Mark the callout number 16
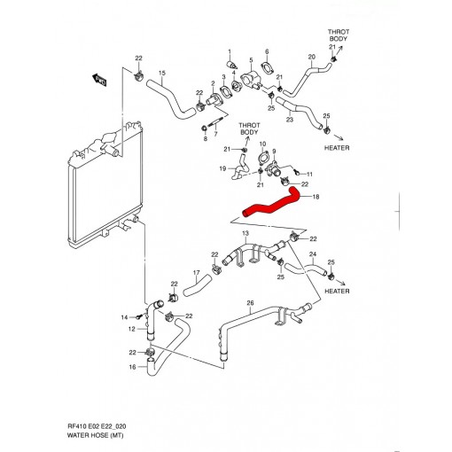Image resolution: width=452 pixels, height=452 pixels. (131, 367)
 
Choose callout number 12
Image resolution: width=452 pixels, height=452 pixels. (131, 329)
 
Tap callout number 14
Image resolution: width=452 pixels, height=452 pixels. (124, 316)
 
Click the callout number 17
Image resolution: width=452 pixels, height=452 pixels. (196, 272)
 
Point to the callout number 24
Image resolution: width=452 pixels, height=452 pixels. (312, 254)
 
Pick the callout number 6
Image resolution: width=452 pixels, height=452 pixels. (266, 52)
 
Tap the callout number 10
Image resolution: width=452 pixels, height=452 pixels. (262, 144)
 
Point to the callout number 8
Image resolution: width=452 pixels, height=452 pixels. (205, 139)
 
